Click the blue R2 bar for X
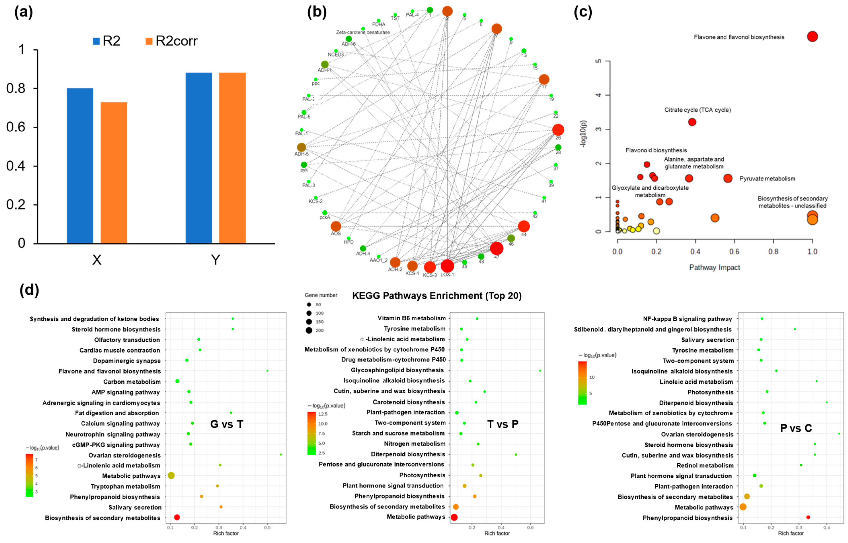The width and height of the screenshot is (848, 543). (x=80, y=166)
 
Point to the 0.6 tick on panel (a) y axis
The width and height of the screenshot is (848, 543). (x=16, y=127)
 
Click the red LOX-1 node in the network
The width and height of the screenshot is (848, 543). (x=447, y=266)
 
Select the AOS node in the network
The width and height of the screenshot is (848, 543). (x=336, y=226)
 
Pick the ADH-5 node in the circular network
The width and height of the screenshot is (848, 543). (x=301, y=147)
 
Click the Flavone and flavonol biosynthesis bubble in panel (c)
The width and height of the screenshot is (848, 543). (x=812, y=36)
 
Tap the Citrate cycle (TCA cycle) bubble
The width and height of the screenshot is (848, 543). (x=692, y=122)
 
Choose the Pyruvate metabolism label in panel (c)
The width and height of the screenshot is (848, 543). (x=767, y=179)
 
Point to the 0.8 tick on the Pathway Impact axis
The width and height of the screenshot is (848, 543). (x=773, y=251)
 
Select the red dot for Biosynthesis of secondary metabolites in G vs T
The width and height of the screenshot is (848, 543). (x=177, y=517)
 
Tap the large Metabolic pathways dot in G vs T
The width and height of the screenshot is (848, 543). (x=171, y=475)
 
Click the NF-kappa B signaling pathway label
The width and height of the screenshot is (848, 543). (x=687, y=319)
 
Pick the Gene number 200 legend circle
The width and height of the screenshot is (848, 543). (x=309, y=330)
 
